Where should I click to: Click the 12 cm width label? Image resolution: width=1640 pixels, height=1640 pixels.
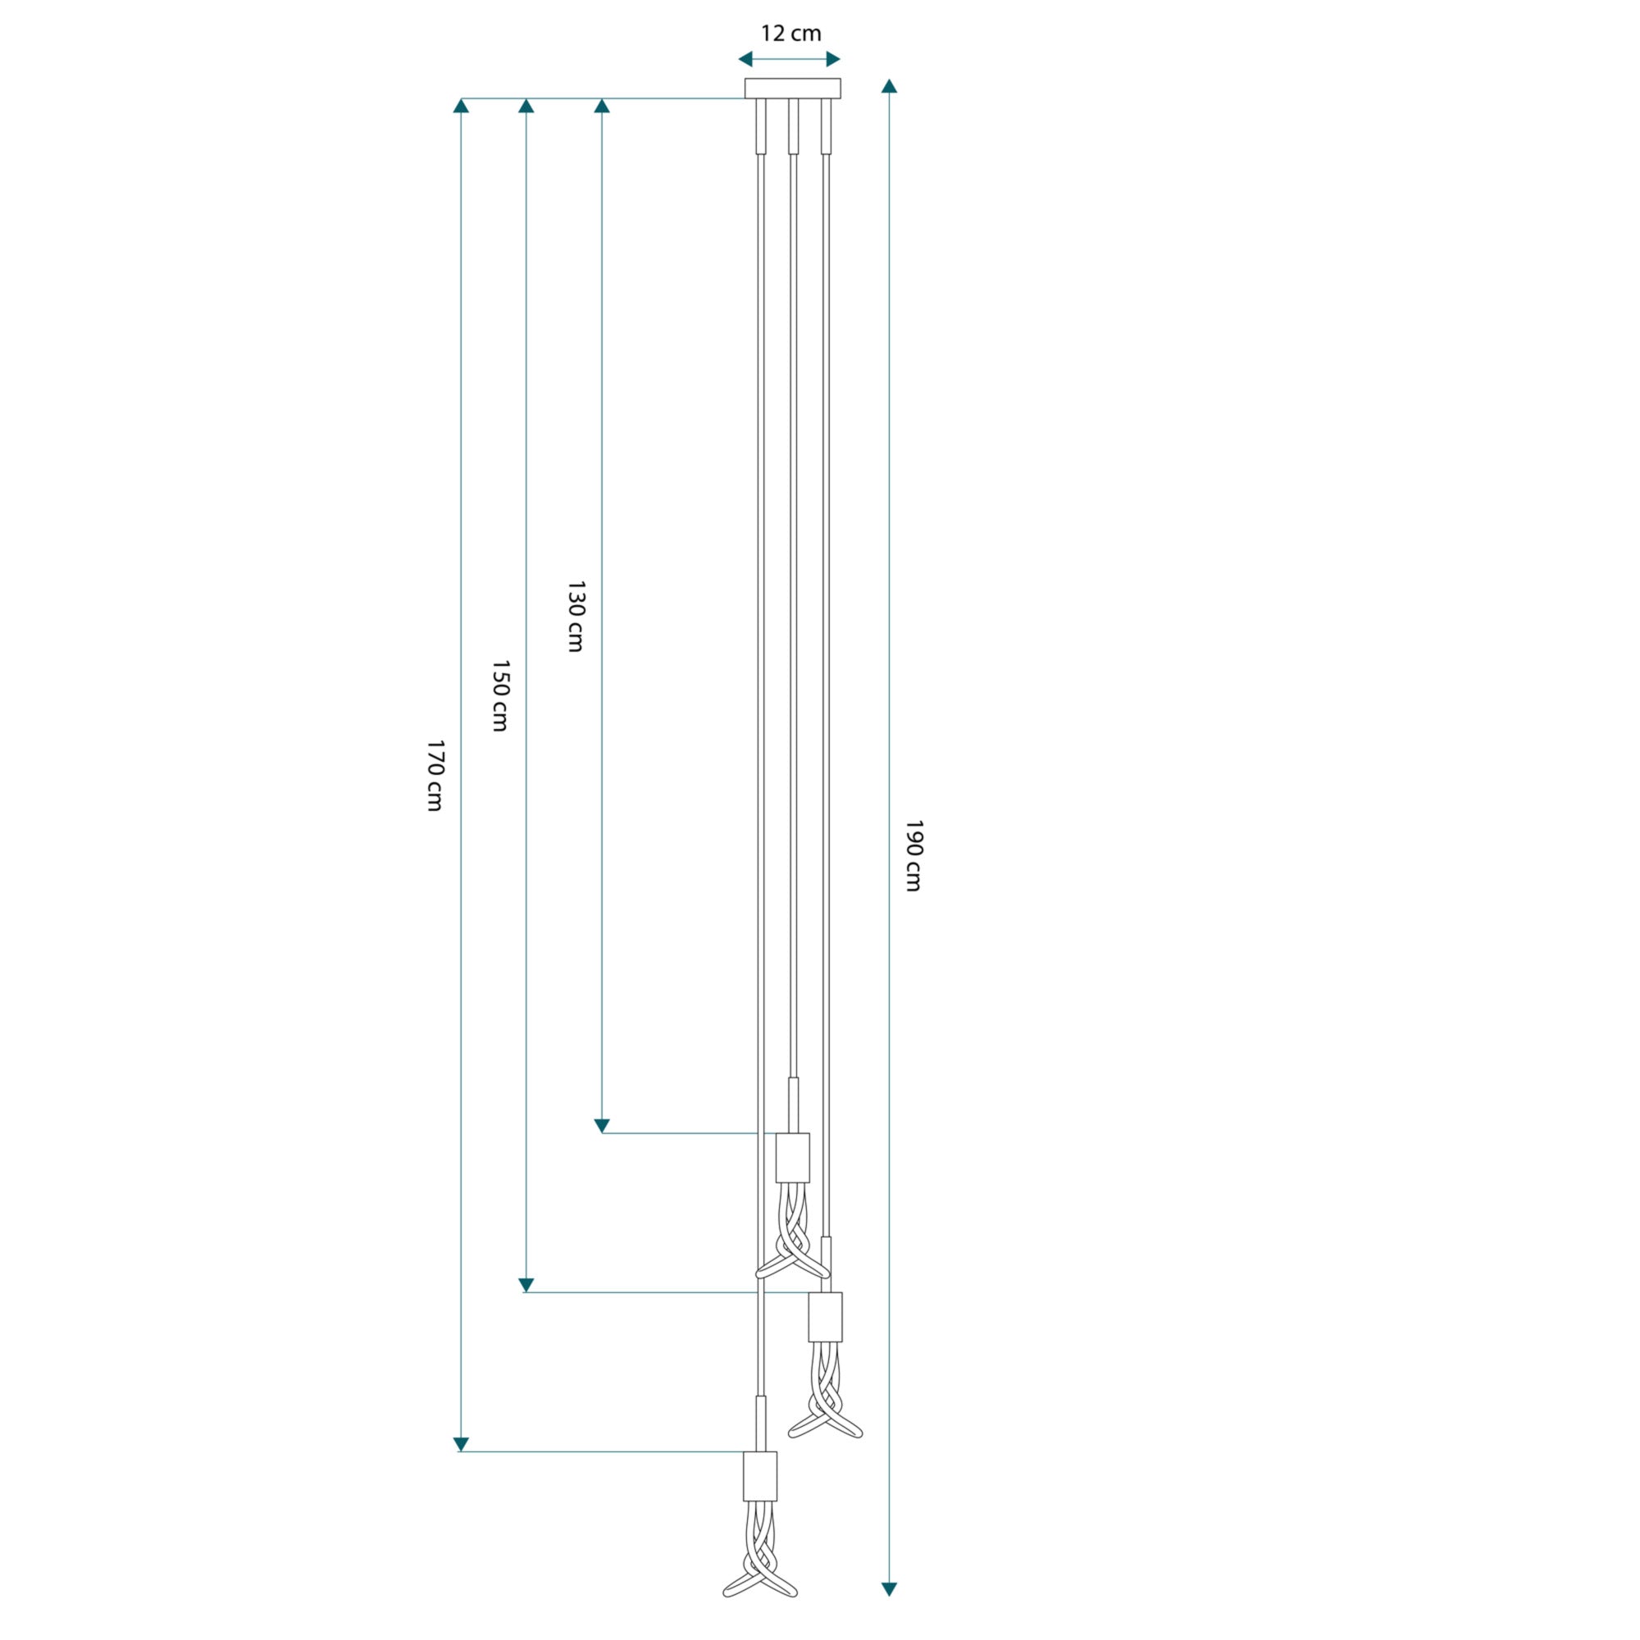[x=790, y=34]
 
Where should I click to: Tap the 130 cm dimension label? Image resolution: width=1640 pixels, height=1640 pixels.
[x=576, y=617]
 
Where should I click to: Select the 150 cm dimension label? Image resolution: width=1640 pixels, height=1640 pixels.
[x=501, y=696]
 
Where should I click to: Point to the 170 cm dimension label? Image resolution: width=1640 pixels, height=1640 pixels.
[x=435, y=776]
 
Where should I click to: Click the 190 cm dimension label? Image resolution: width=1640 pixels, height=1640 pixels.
[x=913, y=855]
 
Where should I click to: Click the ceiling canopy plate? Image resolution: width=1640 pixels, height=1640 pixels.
[x=793, y=89]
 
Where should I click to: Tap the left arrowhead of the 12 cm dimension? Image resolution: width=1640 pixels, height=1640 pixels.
[x=745, y=59]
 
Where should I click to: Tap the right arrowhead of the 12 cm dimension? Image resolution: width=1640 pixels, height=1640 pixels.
[x=834, y=59]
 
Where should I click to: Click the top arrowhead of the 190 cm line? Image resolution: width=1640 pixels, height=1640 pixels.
[x=889, y=86]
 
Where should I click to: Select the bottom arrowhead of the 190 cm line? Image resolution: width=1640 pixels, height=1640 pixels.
[x=889, y=1589]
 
